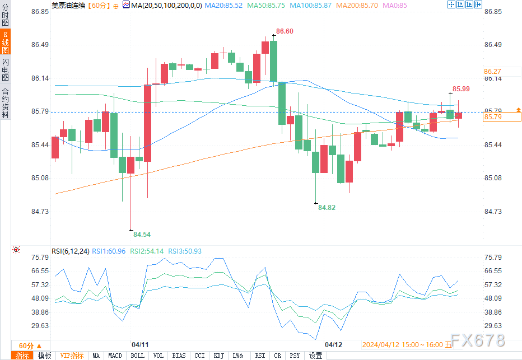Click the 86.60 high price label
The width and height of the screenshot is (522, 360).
(x=285, y=31)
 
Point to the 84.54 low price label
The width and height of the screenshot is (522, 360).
(x=142, y=235)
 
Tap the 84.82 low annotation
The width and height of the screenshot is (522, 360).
(x=327, y=207)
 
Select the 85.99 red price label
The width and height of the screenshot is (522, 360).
(x=461, y=88)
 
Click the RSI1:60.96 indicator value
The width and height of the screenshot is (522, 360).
(x=109, y=251)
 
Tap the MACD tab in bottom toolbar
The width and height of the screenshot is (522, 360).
(x=115, y=356)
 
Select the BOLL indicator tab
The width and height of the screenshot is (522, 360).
(x=137, y=356)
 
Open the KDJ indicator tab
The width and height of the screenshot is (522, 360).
(x=218, y=356)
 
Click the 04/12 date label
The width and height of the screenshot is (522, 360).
(x=333, y=345)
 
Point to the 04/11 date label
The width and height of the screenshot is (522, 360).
(x=139, y=345)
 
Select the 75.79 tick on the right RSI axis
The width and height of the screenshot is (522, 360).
(x=493, y=258)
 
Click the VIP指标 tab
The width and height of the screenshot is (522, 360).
(x=72, y=356)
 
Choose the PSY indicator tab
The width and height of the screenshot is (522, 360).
(x=295, y=356)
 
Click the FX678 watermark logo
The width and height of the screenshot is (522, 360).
(x=478, y=340)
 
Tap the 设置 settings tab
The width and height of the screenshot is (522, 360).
(x=316, y=356)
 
